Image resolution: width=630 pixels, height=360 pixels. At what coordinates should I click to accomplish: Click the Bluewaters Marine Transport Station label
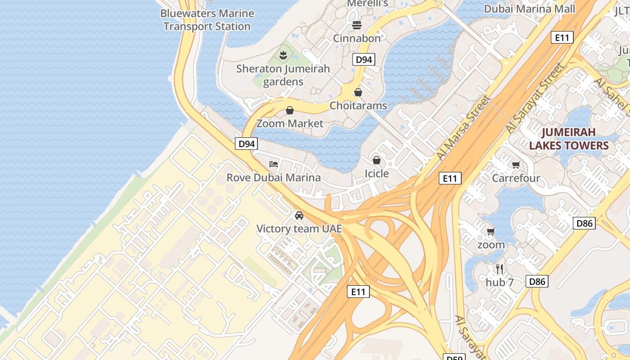207,20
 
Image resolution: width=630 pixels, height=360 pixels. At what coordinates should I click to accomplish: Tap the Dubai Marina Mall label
529,9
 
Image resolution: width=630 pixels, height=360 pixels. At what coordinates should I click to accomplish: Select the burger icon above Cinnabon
357,25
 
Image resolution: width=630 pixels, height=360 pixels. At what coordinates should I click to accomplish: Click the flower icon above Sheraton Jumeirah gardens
283,55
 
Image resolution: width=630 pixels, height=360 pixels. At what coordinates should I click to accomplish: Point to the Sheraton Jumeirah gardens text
283,75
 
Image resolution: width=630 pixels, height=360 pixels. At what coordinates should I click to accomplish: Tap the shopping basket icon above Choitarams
358,92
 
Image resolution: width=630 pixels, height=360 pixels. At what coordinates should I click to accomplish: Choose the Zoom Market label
290,123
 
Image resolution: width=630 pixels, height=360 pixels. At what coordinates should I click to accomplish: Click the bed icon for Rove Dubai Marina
273,164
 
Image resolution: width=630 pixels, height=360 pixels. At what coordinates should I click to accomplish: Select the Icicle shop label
377,174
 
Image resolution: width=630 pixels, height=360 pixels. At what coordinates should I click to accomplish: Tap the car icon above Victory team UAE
299,216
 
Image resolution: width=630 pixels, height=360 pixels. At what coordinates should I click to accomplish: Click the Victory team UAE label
299,229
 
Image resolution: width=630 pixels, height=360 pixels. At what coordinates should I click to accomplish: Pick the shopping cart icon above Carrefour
516,165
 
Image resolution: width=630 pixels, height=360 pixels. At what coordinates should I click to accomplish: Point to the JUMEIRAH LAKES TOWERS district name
569,139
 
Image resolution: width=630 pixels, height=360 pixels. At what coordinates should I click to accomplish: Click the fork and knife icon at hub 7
499,269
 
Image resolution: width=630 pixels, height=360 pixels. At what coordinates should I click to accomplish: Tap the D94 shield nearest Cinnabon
364,59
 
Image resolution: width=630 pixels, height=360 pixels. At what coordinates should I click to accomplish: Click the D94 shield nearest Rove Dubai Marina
247,144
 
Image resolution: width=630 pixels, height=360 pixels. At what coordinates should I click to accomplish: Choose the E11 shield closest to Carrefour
450,179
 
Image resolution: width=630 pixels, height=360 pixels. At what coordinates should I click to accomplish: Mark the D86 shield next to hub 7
537,282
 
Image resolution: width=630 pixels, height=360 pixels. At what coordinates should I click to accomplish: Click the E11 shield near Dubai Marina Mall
562,38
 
